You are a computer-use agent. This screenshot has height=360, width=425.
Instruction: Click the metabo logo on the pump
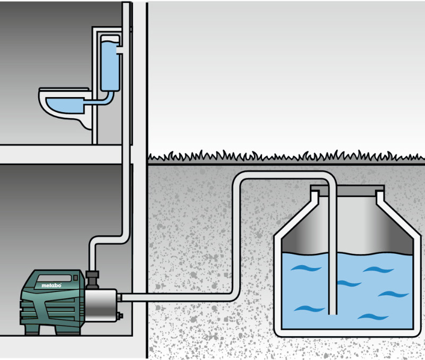coord(52,286)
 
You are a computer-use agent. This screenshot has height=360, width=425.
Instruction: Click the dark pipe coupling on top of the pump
coord(94,277)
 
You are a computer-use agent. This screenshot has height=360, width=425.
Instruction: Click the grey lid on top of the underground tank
coord(347,189)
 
